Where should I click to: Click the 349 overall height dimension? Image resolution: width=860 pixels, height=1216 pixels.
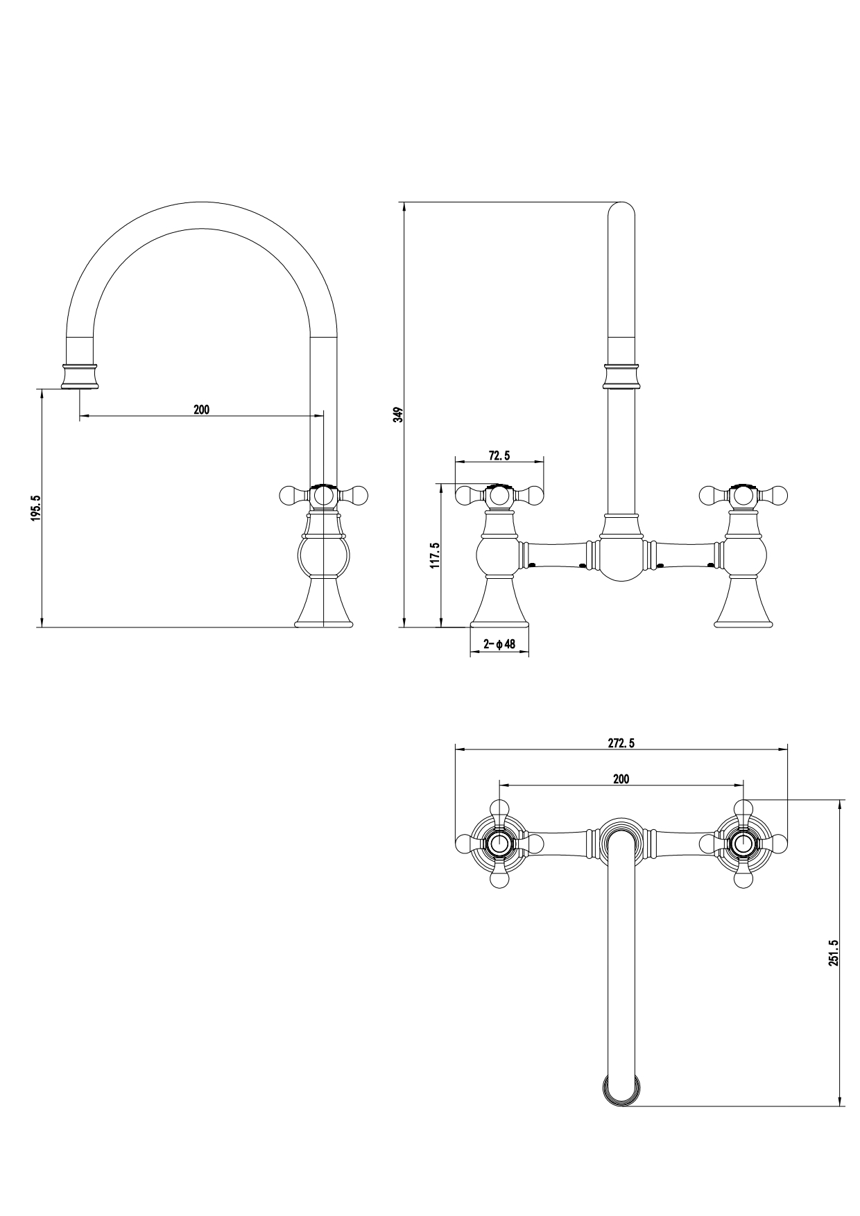[x=398, y=415]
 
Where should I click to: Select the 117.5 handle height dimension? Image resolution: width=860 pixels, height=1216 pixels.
[x=436, y=555]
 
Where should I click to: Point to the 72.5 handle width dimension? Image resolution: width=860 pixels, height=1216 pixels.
[x=499, y=455]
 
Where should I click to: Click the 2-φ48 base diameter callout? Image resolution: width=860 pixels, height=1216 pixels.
[x=499, y=644]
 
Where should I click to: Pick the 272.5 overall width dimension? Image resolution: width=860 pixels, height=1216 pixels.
[x=621, y=743]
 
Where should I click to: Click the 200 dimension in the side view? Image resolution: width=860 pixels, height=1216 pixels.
[x=201, y=410]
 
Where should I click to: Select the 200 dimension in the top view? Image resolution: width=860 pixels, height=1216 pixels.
[x=621, y=779]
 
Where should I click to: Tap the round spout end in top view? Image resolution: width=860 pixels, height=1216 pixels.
[x=621, y=1091]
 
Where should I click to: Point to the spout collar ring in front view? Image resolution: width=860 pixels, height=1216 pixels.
[x=621, y=375]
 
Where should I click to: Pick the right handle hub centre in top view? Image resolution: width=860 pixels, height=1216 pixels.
[x=743, y=844]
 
